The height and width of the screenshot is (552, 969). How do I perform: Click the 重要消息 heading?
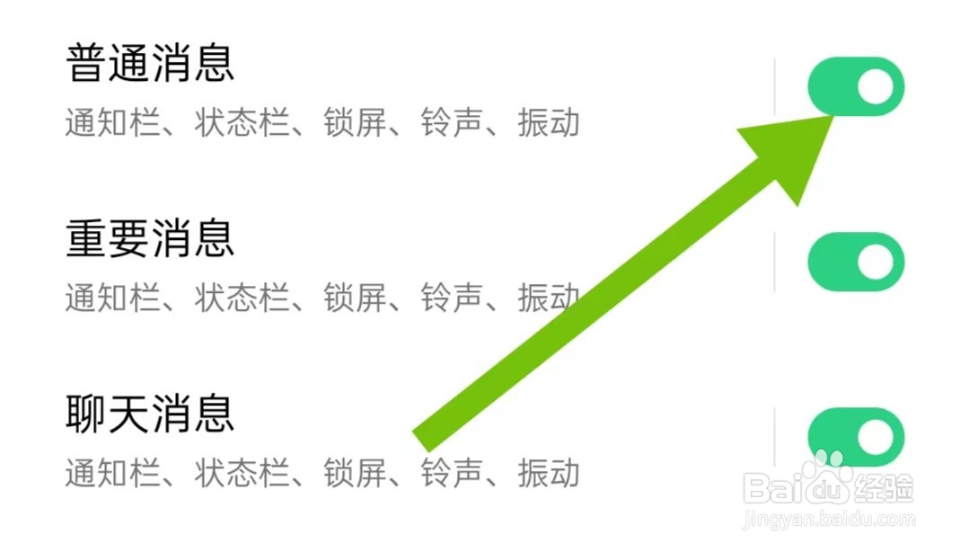(x=150, y=238)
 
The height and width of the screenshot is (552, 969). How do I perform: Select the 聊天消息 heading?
(x=150, y=414)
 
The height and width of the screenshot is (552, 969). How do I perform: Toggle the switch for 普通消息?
(x=856, y=86)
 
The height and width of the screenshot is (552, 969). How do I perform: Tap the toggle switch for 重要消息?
(x=856, y=262)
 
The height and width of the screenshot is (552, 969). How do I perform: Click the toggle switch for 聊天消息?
(x=856, y=437)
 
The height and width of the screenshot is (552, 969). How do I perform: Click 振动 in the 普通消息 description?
(x=549, y=122)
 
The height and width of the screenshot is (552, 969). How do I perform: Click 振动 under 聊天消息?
(x=549, y=473)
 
